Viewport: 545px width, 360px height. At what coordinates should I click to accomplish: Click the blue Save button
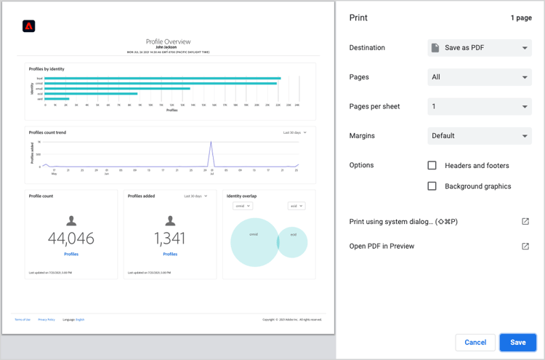coord(517,343)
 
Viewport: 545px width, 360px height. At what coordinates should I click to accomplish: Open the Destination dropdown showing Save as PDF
coord(480,48)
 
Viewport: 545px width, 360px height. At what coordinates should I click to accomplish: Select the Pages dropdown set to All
coord(480,77)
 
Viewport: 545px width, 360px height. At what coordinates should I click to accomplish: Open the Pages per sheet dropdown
coord(480,106)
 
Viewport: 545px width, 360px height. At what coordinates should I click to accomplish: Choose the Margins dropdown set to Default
coord(480,136)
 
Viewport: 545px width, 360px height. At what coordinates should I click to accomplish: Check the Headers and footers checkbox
coord(432,166)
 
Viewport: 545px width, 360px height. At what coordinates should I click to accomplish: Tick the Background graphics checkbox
coord(432,186)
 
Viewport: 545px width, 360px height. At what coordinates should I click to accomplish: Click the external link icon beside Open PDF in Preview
coord(525,246)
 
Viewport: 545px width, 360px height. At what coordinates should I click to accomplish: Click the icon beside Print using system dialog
coord(525,221)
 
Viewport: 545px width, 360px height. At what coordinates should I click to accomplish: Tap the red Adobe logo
coord(29,26)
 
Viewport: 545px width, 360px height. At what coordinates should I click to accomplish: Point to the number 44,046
coord(71,239)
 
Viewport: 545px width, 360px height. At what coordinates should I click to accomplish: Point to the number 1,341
coord(170,239)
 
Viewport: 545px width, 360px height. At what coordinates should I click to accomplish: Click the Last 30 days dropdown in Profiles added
coord(195,196)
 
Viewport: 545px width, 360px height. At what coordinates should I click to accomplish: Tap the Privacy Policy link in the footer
coord(47,319)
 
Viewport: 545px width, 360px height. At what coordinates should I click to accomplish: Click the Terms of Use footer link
coord(23,319)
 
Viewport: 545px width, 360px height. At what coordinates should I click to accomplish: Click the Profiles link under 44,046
coord(71,254)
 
